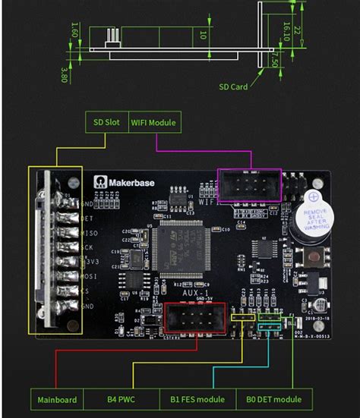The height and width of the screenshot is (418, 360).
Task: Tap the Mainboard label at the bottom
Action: click(x=57, y=399)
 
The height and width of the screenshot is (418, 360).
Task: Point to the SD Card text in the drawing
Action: click(x=234, y=87)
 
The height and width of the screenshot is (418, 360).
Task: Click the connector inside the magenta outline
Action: click(x=249, y=185)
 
